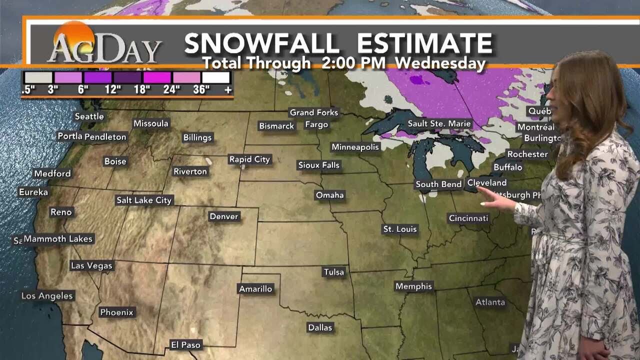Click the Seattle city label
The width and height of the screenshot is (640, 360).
click(89, 116)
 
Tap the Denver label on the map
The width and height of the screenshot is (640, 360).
click(224, 216)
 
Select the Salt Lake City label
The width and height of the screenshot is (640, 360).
click(144, 200)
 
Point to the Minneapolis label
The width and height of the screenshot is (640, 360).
click(355, 147)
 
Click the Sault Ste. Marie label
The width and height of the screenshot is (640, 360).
click(439, 123)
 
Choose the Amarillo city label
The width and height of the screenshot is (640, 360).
click(255, 289)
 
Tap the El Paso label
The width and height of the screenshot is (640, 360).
click(185, 344)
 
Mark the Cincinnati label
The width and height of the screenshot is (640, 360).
click(468, 218)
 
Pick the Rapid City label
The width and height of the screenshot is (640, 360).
click(249, 159)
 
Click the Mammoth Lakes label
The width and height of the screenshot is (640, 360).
click(58, 239)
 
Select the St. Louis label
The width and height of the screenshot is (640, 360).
click(400, 229)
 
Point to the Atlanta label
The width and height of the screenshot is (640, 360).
click(490, 302)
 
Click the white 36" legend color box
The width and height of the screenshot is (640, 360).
click(216, 77)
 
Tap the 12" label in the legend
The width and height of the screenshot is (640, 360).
click(113, 90)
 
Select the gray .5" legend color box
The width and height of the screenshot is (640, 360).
click(38, 77)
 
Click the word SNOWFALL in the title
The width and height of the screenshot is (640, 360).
click(262, 44)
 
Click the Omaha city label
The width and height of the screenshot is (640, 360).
click(330, 195)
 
